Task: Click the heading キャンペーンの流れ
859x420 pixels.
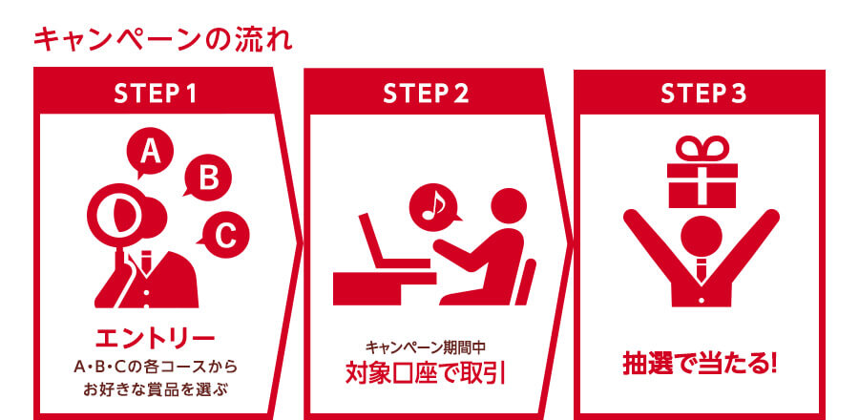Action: coord(162,39)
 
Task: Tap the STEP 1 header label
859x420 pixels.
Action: coord(155,94)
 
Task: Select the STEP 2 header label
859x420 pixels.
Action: coord(426,94)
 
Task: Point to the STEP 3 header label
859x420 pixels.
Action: coord(702,94)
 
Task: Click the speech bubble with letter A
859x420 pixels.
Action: coord(150,152)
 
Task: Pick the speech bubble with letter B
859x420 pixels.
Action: coord(208,178)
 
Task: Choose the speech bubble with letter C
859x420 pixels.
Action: coord(223,236)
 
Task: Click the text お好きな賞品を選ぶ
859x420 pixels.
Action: coord(155,389)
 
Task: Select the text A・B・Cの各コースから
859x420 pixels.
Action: coord(156,366)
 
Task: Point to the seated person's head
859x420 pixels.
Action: coord(509,206)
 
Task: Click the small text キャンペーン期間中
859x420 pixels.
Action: coord(426,347)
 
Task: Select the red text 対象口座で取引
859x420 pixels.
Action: coord(426,373)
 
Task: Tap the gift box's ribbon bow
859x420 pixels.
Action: coord(702,149)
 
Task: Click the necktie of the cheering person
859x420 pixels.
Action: coord(702,269)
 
